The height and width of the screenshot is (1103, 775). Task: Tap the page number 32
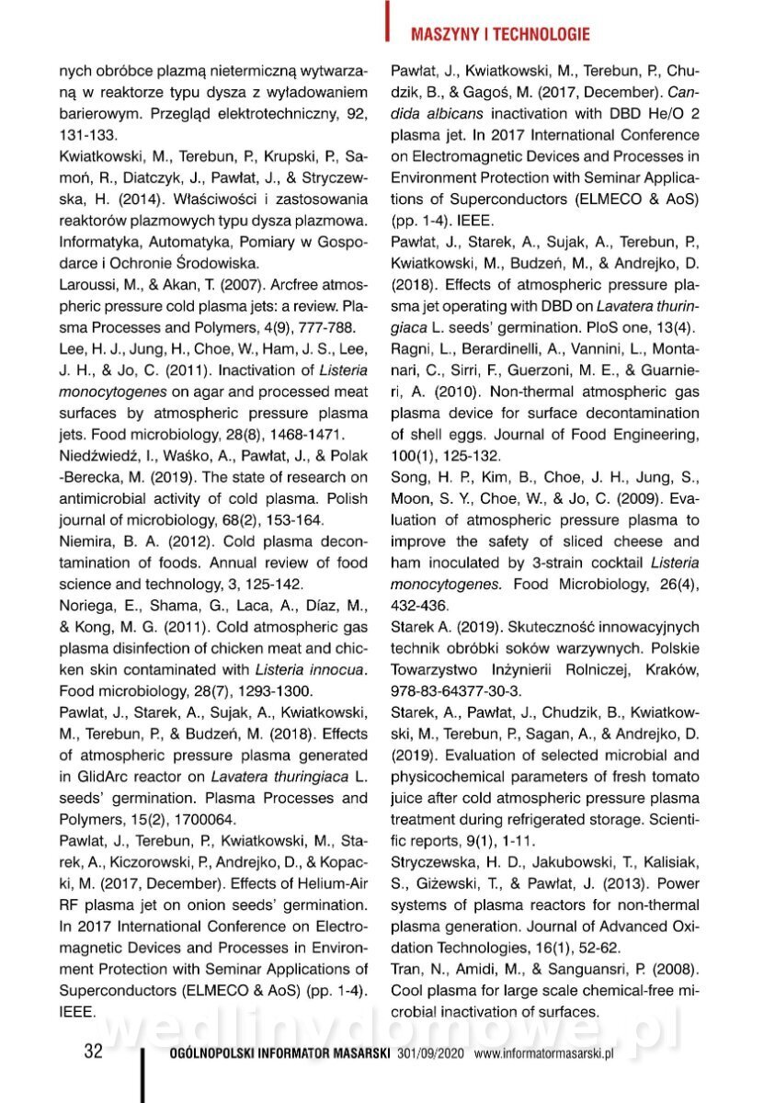tap(93, 1052)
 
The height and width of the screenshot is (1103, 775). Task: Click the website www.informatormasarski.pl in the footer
tap(543, 1054)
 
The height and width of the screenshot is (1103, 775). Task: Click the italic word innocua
tap(334, 668)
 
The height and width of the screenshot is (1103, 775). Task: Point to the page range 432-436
tap(419, 605)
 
